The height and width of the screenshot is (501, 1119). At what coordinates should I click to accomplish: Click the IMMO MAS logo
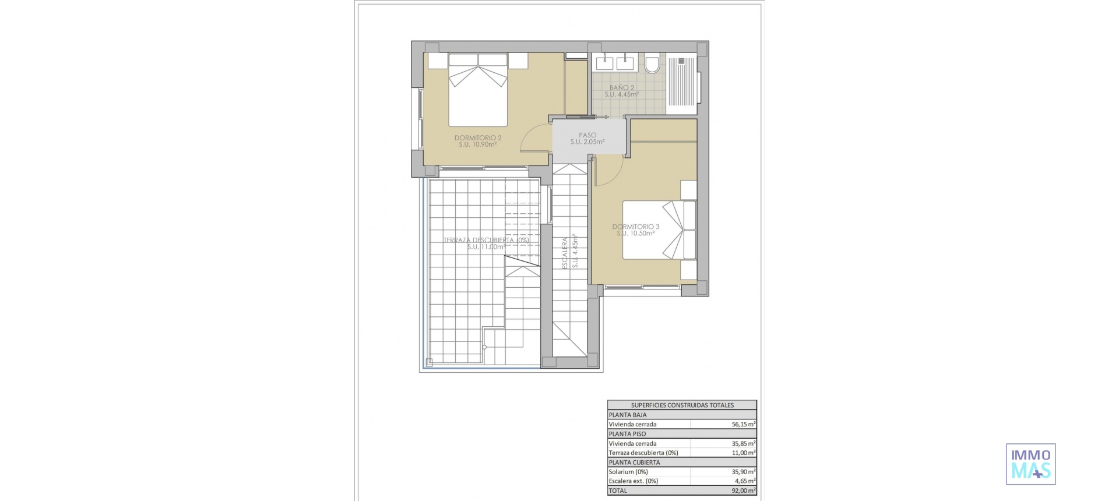(x=1030, y=464)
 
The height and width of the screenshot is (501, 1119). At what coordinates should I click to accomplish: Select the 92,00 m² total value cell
(x=743, y=491)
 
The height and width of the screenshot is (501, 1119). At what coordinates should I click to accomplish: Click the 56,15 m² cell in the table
(x=743, y=424)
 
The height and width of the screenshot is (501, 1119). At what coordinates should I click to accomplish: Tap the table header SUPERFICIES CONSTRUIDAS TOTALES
(x=682, y=405)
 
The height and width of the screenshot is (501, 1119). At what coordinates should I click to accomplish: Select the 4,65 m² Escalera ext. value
(x=744, y=481)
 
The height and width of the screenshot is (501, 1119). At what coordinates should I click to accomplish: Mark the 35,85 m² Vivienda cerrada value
(x=743, y=443)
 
